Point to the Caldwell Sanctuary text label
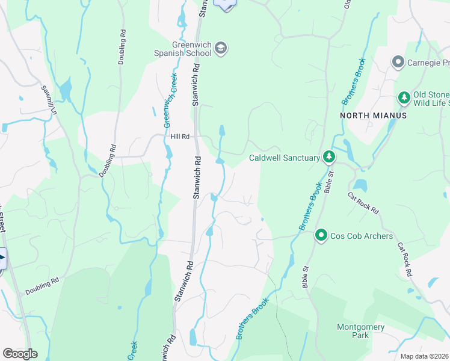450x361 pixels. click(284, 158)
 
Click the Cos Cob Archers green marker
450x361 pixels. click(322, 235)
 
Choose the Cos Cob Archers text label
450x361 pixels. click(361, 236)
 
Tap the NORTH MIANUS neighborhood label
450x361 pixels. click(373, 115)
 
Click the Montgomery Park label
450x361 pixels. click(352, 330)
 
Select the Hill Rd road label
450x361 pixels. click(180, 137)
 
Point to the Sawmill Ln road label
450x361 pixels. click(49, 101)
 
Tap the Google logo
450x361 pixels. click(20, 354)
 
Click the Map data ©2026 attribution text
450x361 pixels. click(425, 356)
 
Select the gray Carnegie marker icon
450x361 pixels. click(397, 62)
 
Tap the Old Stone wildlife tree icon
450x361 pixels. click(404, 97)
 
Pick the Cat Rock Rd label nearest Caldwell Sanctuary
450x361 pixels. click(363, 203)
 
